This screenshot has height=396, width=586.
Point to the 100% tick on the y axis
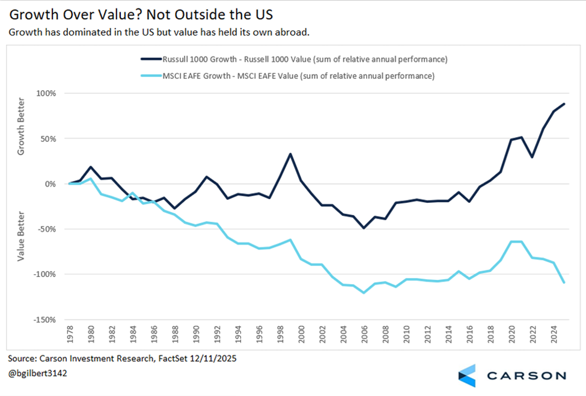pos(45,94)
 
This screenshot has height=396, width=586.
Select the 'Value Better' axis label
pos(20,236)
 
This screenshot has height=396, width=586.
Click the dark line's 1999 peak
pos(291,153)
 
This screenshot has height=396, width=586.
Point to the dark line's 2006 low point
pos(364,228)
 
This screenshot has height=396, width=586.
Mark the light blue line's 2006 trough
pos(364,292)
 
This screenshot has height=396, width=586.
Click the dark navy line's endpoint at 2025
pos(563,104)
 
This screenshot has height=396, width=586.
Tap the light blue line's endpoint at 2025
pos(563,282)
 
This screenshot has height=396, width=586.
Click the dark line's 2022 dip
pos(532,157)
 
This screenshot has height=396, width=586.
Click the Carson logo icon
pos(466,375)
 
